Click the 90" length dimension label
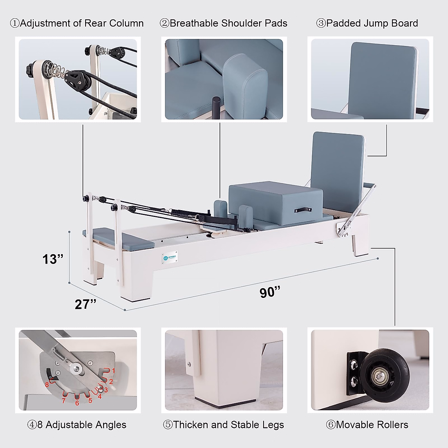coord(270,292)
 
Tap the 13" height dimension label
coord(53,259)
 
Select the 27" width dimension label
coord(85,304)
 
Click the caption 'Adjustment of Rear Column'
coord(77,23)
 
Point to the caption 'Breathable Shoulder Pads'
coord(224,23)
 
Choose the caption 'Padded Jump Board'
coord(367,23)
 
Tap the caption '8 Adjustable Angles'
coord(77,424)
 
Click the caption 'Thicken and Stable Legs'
coord(224,424)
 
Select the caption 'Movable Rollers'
coord(367,424)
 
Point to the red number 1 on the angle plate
coord(113,371)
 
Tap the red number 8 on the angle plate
coord(47,385)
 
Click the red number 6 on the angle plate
coord(77,403)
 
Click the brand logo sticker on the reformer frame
coord(170,258)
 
